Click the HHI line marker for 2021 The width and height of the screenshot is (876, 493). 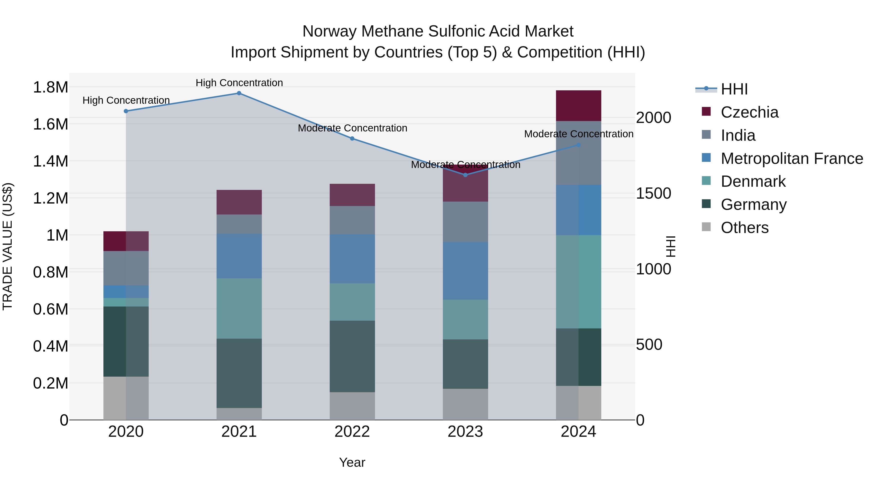pos(239,93)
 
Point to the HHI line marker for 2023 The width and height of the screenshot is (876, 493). pos(465,175)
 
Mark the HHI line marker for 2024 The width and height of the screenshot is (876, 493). pos(578,145)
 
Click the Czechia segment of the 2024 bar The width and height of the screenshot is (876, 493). pos(578,106)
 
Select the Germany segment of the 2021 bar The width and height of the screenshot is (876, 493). pos(239,373)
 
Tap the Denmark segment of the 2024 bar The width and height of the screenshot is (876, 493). pos(578,282)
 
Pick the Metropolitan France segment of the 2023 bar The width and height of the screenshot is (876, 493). pos(465,271)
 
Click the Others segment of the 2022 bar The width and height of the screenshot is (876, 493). pos(352,406)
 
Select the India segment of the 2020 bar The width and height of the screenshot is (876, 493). pos(126,268)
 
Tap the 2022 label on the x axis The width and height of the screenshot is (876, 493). pos(352,432)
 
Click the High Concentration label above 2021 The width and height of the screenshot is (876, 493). pos(239,83)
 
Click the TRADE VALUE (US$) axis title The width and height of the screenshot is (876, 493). pos(8,246)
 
